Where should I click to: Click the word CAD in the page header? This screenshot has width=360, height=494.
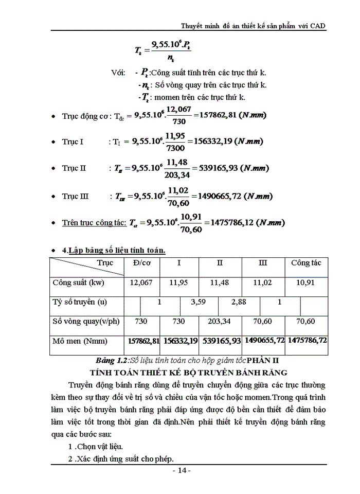click(x=318, y=26)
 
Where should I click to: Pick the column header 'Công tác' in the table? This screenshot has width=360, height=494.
click(x=306, y=263)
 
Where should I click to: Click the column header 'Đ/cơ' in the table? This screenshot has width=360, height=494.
click(x=141, y=263)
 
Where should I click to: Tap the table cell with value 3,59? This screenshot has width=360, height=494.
click(x=199, y=302)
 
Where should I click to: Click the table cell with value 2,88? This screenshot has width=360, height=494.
click(x=239, y=302)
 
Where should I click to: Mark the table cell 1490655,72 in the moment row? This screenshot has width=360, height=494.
click(x=264, y=341)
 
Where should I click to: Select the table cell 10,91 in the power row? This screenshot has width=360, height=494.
click(x=307, y=283)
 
